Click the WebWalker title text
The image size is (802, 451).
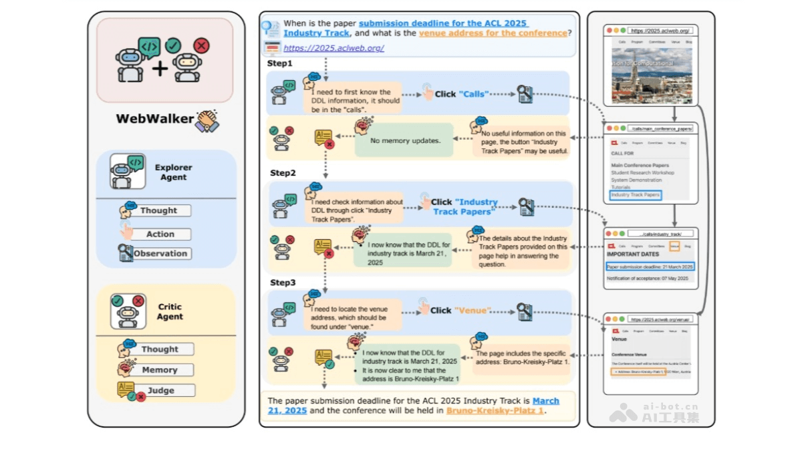[155, 119]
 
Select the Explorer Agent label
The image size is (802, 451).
[173, 172]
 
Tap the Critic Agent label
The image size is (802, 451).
[170, 312]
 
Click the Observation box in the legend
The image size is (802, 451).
[160, 254]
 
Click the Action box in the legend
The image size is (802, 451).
[160, 235]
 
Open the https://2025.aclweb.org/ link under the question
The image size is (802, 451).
[333, 48]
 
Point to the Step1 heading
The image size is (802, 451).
[280, 63]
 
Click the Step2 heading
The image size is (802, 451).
[283, 173]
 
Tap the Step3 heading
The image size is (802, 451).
[283, 283]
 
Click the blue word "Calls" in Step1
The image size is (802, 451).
[474, 94]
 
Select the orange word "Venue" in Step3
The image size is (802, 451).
[473, 311]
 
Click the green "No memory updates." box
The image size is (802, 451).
[405, 141]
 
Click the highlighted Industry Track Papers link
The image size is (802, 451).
[635, 195]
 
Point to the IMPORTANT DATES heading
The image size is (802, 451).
[632, 255]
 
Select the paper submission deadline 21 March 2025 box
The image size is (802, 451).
[650, 267]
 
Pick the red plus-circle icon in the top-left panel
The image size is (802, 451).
[200, 45]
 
